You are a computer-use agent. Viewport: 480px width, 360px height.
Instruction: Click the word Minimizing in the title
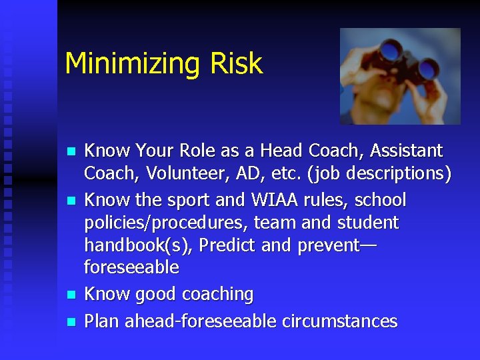(126, 64)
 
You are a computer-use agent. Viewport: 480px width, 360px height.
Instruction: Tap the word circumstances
(339, 321)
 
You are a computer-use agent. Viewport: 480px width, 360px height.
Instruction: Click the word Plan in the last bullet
(102, 321)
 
